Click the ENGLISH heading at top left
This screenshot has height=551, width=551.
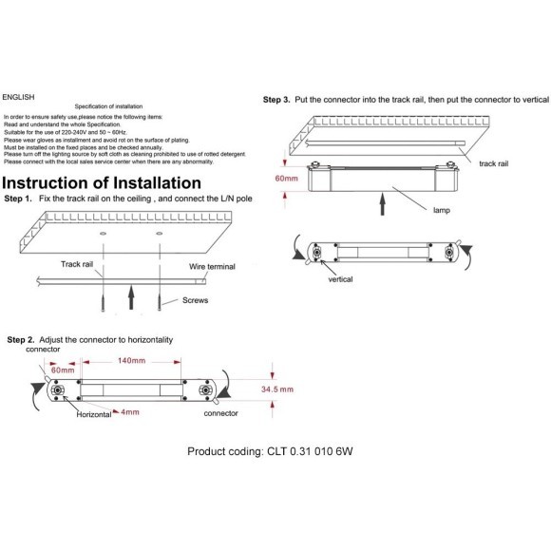(x=18, y=97)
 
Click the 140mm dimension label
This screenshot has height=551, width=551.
(x=131, y=361)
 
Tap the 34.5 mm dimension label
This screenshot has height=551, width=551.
(x=277, y=389)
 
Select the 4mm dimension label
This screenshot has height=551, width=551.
(x=130, y=412)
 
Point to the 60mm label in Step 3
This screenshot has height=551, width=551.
(x=286, y=179)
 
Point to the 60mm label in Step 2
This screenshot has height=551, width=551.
(x=63, y=370)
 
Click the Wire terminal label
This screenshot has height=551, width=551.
(x=212, y=266)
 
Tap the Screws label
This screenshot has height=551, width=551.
(x=196, y=300)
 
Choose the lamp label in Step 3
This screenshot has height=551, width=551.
(x=442, y=210)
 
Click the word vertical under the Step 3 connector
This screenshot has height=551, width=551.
(x=340, y=279)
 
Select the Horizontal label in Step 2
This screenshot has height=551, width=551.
(x=94, y=414)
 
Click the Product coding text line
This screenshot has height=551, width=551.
(x=270, y=451)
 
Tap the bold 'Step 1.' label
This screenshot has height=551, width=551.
(x=18, y=199)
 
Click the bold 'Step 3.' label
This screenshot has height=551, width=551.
(x=276, y=100)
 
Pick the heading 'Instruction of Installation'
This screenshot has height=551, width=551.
(x=102, y=183)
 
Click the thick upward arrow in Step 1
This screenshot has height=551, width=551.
(x=131, y=297)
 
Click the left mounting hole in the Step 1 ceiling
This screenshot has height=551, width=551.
(x=103, y=234)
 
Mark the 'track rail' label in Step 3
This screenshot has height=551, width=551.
(x=494, y=163)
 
